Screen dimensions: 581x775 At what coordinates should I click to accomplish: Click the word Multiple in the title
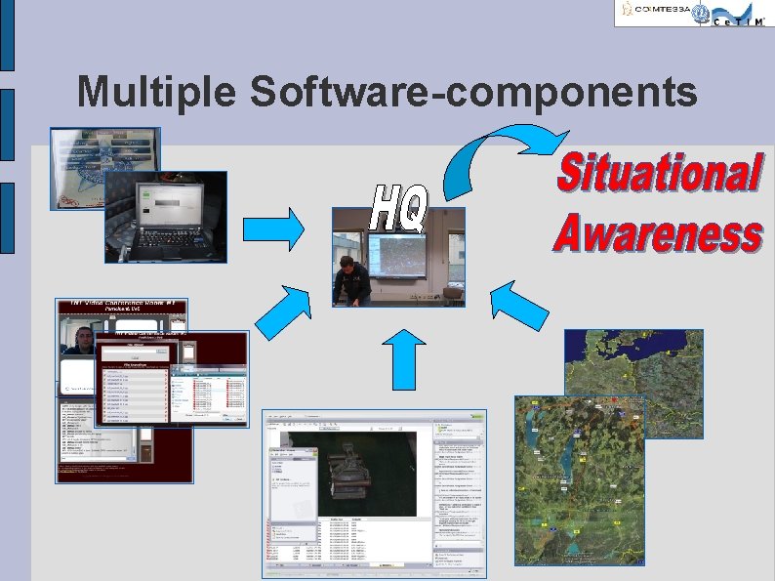(157, 92)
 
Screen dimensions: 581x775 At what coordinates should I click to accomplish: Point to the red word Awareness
(657, 234)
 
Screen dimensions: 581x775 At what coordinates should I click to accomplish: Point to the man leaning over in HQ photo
(351, 278)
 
